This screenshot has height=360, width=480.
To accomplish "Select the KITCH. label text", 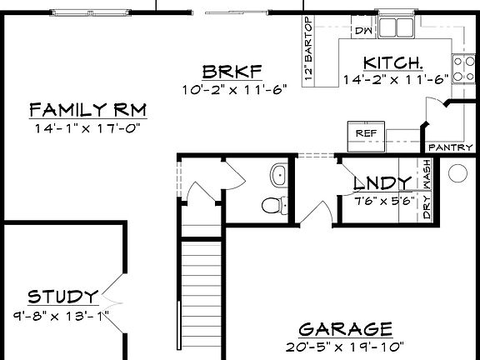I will pyautogui.click(x=394, y=62).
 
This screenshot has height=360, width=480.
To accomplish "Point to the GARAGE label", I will pyautogui.click(x=345, y=327).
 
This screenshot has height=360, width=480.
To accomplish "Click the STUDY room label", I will pyautogui.click(x=62, y=297).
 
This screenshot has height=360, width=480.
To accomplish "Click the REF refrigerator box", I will pyautogui.click(x=366, y=132).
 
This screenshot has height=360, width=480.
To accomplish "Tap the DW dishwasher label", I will pyautogui.click(x=363, y=31).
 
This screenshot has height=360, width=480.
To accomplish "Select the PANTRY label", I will pyautogui.click(x=444, y=147).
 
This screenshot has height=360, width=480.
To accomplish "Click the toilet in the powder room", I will pyautogui.click(x=272, y=203).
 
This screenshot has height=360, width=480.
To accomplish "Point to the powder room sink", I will pyautogui.click(x=277, y=174).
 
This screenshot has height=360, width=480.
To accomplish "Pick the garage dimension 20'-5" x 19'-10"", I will pyautogui.click(x=345, y=345).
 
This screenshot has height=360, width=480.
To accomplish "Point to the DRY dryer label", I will pyautogui.click(x=427, y=207).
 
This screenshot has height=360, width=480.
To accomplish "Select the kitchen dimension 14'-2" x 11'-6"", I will pyautogui.click(x=395, y=79).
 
